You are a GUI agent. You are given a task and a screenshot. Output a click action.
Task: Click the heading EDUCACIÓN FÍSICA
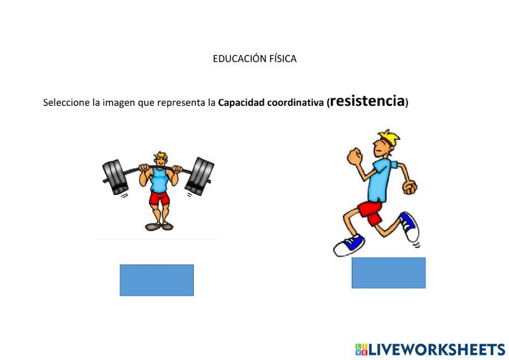(254, 59)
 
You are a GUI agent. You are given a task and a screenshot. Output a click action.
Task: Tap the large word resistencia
(367, 101)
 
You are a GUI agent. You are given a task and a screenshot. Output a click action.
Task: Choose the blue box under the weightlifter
(157, 280)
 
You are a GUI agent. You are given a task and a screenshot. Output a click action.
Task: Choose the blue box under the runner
(388, 272)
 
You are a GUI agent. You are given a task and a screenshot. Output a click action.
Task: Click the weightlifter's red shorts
(159, 198)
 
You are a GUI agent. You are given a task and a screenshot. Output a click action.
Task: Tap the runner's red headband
(384, 142)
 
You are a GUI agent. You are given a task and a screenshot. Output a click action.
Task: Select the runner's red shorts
(370, 211)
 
